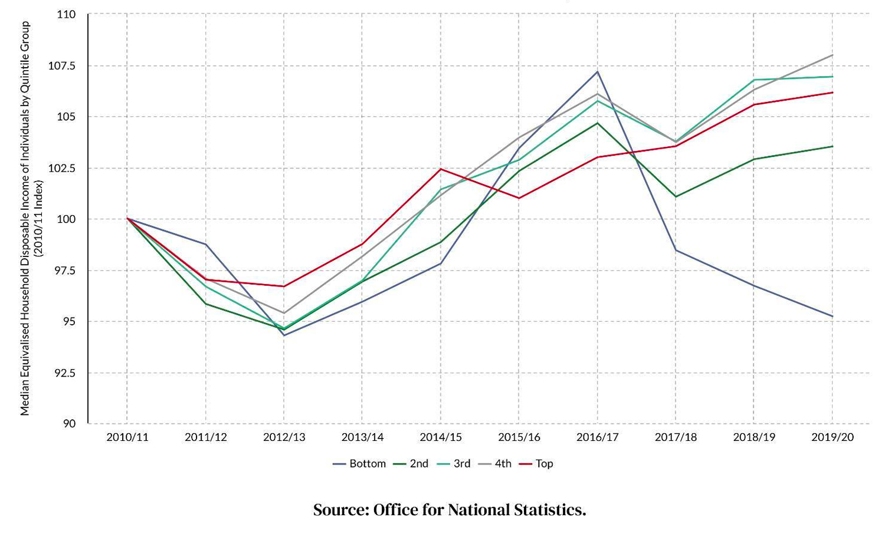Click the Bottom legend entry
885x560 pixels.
(x=360, y=463)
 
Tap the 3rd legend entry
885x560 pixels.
(x=454, y=463)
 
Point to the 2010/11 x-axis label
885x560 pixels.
(x=127, y=437)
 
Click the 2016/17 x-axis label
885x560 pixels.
(x=598, y=437)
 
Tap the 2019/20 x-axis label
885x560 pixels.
(x=832, y=437)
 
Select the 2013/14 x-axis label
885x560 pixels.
(x=362, y=437)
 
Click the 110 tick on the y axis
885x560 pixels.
(x=67, y=14)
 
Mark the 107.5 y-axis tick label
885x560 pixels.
(x=62, y=65)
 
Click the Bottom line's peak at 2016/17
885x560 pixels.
(x=598, y=72)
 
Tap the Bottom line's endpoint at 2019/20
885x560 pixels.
(x=832, y=317)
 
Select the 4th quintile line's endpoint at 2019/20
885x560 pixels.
(x=832, y=55)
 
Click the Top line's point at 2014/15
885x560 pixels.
(x=441, y=169)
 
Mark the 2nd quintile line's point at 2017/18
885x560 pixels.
(x=676, y=196)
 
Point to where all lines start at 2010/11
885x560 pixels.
(x=127, y=219)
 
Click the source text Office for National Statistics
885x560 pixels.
(x=450, y=510)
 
